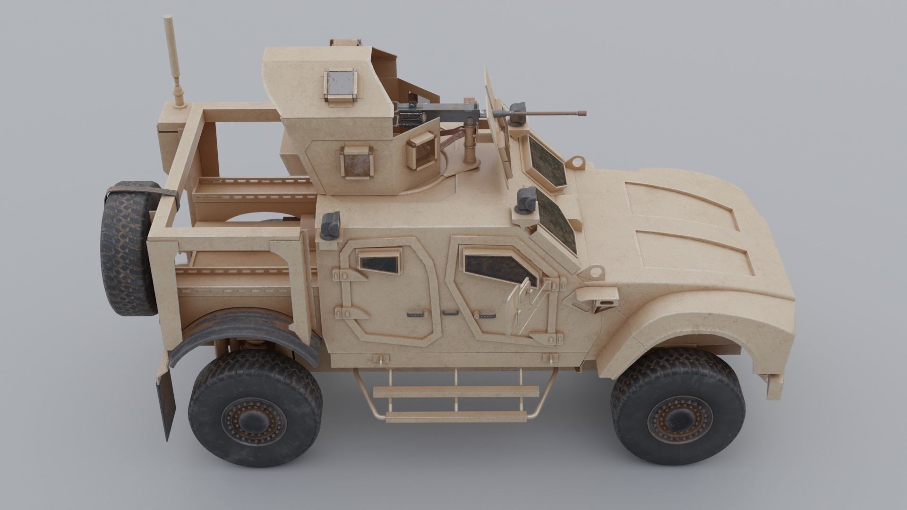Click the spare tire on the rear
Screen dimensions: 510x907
click(x=128, y=248)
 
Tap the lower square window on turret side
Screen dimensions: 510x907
click(x=357, y=163)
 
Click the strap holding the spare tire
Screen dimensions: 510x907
click(x=142, y=191)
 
